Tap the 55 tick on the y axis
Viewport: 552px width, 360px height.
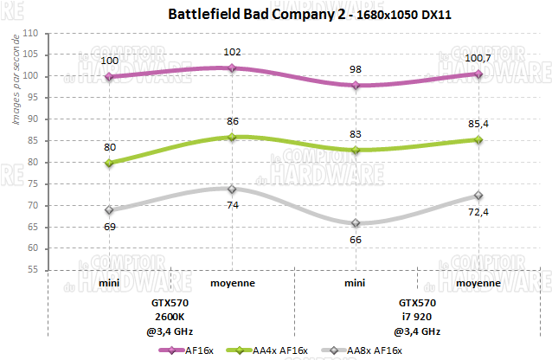pos(37,270)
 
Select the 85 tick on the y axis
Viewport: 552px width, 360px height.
pos(37,140)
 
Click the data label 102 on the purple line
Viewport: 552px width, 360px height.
pos(232,52)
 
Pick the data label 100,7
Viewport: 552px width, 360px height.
pos(478,58)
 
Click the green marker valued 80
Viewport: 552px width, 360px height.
pos(109,163)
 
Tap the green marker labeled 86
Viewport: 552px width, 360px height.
pos(232,137)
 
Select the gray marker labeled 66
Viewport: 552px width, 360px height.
pos(355,223)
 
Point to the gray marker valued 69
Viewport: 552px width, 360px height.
pos(109,210)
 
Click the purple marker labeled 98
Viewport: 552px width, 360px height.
pos(355,85)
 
